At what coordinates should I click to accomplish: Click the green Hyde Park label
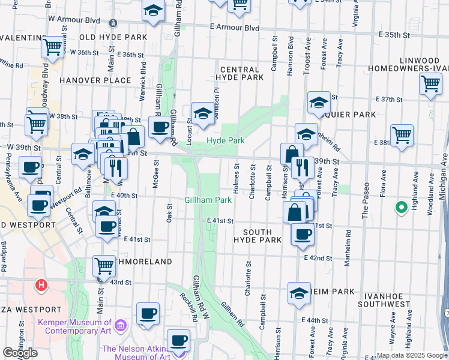click(x=226, y=140)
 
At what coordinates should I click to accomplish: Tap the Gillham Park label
click(x=208, y=200)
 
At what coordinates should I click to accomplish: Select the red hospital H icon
click(x=41, y=284)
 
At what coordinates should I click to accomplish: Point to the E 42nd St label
click(x=318, y=258)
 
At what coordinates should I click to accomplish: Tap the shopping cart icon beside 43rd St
click(x=104, y=265)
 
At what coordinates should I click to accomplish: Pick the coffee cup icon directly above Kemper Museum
click(x=148, y=314)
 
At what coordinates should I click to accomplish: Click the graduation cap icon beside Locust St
click(x=203, y=113)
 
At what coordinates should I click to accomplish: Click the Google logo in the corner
click(x=20, y=353)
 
